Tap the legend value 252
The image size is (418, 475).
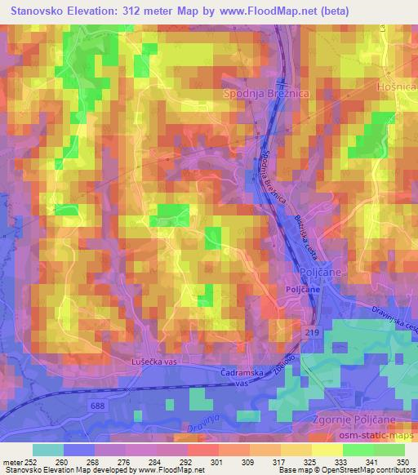(31, 460)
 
